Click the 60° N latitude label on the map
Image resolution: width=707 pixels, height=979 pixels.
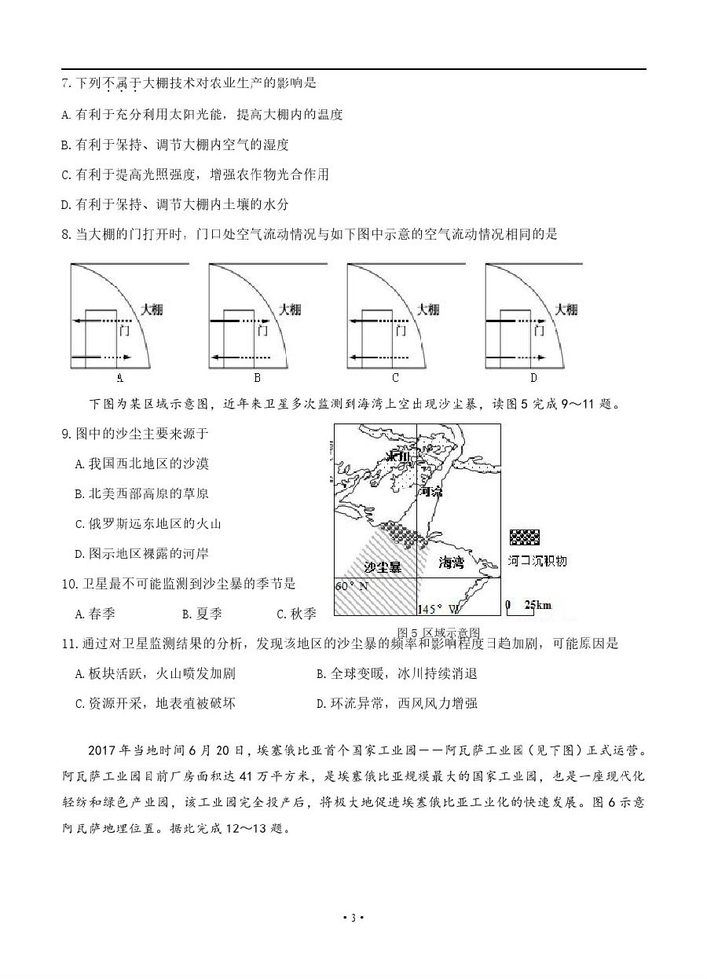point(351,586)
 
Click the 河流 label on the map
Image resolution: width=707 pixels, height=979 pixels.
point(431,492)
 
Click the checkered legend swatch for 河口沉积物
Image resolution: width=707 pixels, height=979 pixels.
point(524,537)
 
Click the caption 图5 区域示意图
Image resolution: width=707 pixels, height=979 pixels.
point(438,632)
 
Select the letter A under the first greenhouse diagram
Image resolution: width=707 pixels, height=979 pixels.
point(120,378)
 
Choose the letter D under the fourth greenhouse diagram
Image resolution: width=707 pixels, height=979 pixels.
point(533,378)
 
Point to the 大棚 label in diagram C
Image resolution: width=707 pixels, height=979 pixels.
point(429,310)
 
